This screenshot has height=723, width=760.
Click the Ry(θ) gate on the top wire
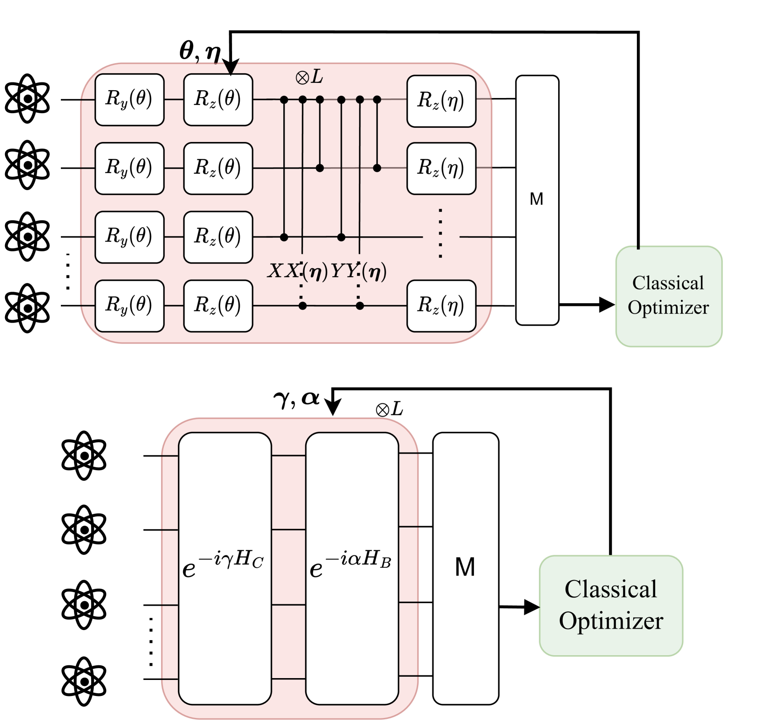(129, 99)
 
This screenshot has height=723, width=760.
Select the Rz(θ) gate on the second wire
(218, 168)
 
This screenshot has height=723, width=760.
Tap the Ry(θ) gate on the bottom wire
(129, 305)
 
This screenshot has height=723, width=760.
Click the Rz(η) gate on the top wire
(441, 101)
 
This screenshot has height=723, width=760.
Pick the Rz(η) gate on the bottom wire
(441, 305)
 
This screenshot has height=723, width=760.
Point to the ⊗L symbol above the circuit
(309, 77)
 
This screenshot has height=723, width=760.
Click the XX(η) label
(297, 272)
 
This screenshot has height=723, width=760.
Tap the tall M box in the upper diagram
(537, 200)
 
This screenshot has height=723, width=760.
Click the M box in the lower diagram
(465, 568)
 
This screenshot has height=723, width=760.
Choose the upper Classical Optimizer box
(668, 296)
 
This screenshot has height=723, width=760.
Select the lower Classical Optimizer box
(611, 605)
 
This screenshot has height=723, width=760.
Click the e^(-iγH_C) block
(225, 568)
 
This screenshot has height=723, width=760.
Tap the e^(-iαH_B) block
(352, 568)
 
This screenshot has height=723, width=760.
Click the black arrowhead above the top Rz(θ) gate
(231, 68)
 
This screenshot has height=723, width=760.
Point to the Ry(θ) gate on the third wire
(129, 237)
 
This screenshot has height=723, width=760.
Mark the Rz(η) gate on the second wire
(441, 168)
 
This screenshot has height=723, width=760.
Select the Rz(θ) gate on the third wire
(218, 237)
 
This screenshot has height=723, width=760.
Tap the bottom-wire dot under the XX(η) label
(302, 306)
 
